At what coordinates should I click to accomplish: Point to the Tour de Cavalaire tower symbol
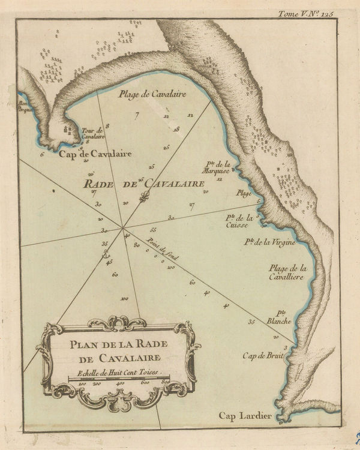(x=68, y=130)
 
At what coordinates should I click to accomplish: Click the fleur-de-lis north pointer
(x=143, y=197)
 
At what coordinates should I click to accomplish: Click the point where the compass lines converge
(x=122, y=227)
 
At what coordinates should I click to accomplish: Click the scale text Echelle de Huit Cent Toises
(x=113, y=373)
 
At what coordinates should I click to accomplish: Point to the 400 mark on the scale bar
(x=121, y=383)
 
